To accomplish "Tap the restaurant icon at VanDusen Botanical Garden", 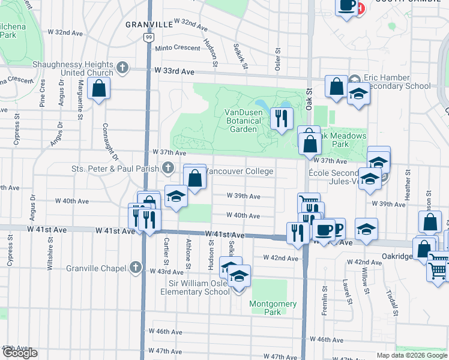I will click(x=280, y=118).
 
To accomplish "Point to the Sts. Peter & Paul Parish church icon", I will click(x=169, y=167).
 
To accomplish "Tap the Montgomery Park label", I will click(x=273, y=308).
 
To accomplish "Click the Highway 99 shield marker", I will click(x=148, y=37).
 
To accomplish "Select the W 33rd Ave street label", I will click(x=175, y=71).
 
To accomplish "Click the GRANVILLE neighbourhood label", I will click(x=149, y=25).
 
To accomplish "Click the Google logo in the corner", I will click(x=19, y=353).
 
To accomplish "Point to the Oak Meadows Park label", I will click(x=342, y=140).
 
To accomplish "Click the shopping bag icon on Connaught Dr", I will click(x=99, y=88).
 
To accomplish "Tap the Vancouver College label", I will click(x=240, y=172).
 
